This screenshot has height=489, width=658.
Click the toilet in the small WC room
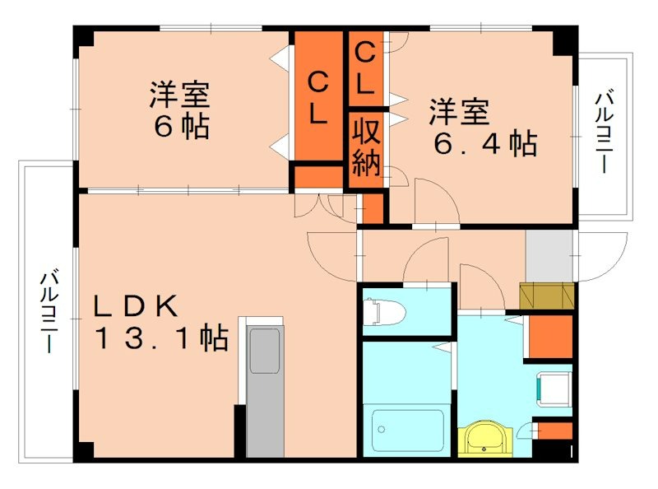[x=387, y=312]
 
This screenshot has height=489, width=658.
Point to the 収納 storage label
[x=366, y=148]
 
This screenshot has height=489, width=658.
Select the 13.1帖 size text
[x=160, y=338]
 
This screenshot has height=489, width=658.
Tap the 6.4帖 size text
[x=485, y=144]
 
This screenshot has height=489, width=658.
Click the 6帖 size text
[x=179, y=128]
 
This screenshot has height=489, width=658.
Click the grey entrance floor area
[x=549, y=255]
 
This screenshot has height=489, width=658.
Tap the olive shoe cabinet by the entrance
[x=545, y=295]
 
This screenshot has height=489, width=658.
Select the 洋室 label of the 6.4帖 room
[x=458, y=111]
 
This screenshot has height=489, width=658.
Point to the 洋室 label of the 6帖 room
[x=179, y=95]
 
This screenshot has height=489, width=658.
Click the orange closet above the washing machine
[x=548, y=337]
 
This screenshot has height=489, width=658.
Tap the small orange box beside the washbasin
[x=555, y=430]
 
